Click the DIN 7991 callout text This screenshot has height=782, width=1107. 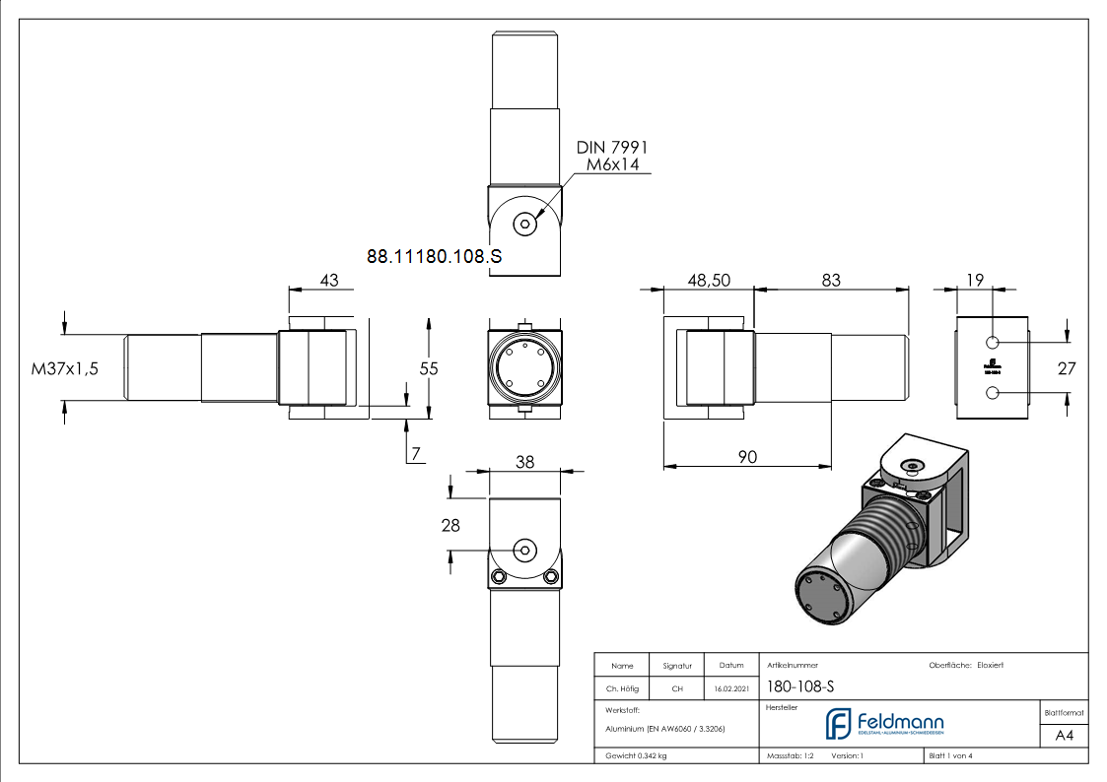click(x=612, y=147)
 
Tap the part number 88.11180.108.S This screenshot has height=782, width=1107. click(x=434, y=256)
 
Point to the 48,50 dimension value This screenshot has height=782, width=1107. click(x=708, y=281)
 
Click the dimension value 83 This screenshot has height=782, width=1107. click(x=831, y=281)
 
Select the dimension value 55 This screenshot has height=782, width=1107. click(x=429, y=367)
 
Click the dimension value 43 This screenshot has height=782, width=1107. click(x=329, y=281)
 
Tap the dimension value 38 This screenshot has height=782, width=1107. click(x=524, y=461)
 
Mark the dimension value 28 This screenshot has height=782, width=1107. click(x=450, y=525)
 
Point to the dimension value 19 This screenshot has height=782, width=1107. click(x=974, y=281)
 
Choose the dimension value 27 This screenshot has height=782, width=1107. click(x=1067, y=367)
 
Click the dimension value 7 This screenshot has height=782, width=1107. click(x=416, y=454)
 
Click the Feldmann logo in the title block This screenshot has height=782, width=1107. click(x=883, y=724)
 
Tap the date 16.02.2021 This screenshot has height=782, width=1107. click(x=730, y=688)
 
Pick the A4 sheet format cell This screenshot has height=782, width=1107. click(x=1065, y=736)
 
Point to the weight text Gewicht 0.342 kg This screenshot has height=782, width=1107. click(x=637, y=755)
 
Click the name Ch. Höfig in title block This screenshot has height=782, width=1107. click(x=623, y=688)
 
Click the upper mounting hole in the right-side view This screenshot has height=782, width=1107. click(x=993, y=342)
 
